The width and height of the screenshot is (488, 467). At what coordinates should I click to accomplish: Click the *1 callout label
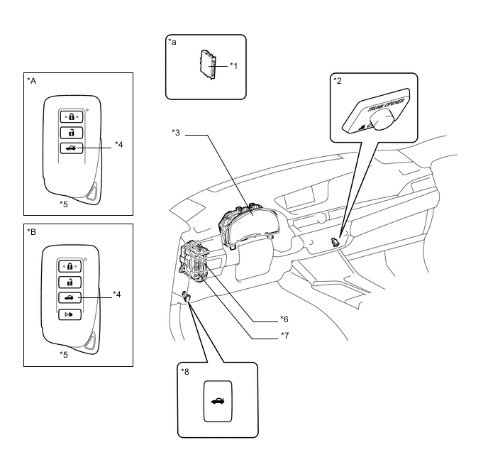pyautogui.click(x=234, y=65)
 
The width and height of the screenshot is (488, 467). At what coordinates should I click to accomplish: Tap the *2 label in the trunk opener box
pyautogui.click(x=338, y=80)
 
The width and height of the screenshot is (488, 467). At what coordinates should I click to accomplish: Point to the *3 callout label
pyautogui.click(x=176, y=132)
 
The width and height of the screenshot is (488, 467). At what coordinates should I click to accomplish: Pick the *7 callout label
pyautogui.click(x=284, y=335)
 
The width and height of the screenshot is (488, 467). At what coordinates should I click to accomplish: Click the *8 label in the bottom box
pyautogui.click(x=185, y=371)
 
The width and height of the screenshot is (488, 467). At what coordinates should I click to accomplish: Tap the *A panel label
pyautogui.click(x=31, y=81)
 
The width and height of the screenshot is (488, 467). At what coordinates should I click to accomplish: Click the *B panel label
pyautogui.click(x=31, y=231)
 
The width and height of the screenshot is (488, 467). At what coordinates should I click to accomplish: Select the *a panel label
pyautogui.click(x=172, y=43)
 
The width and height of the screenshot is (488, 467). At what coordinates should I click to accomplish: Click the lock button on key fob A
pyautogui.click(x=72, y=116)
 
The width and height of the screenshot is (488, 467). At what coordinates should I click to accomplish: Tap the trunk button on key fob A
pyautogui.click(x=72, y=148)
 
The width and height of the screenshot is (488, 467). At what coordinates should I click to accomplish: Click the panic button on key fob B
pyautogui.click(x=72, y=314)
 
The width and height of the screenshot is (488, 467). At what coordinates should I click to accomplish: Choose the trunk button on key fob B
pyautogui.click(x=72, y=297)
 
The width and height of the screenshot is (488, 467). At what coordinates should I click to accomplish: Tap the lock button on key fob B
pyautogui.click(x=72, y=265)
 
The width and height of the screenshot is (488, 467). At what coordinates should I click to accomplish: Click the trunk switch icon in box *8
pyautogui.click(x=217, y=401)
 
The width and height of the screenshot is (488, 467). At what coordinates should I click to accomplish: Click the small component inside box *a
pyautogui.click(x=210, y=66)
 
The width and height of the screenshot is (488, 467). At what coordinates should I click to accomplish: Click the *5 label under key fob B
pyautogui.click(x=64, y=353)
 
